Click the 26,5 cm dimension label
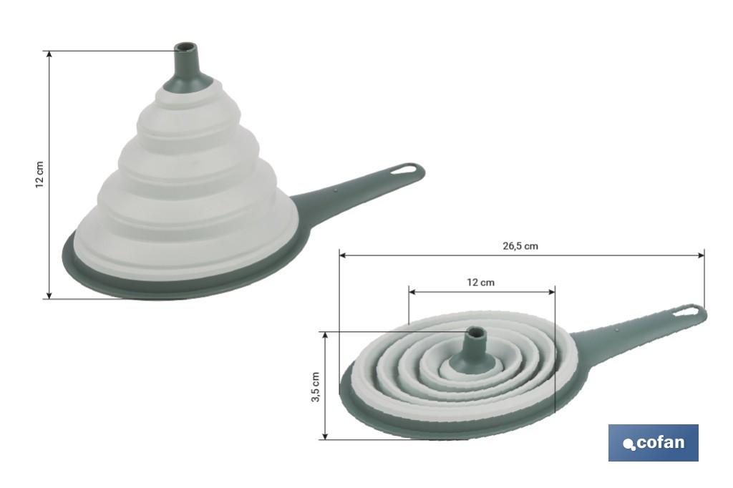[520, 245]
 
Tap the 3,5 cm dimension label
[315, 386]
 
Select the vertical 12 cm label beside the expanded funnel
[39, 174]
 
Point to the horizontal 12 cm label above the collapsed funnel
[480, 282]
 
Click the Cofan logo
[653, 442]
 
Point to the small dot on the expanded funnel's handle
[336, 191]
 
